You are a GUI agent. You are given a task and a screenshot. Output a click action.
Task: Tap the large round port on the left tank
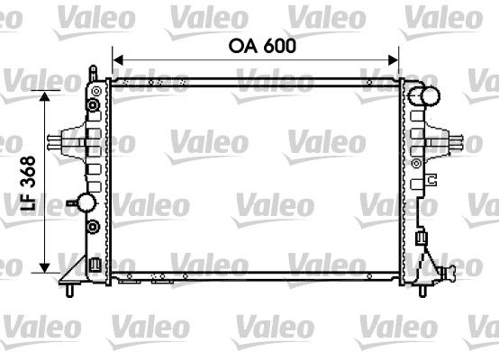point(87,202)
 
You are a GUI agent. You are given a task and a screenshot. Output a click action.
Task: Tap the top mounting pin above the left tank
point(92,68)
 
